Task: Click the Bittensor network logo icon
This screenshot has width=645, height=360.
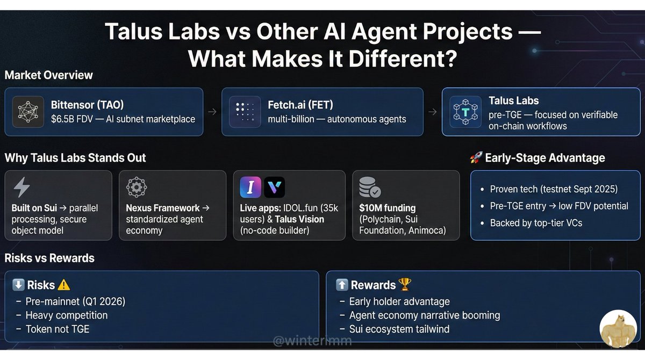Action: pos(28,112)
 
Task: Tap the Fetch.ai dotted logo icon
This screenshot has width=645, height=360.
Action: pos(245,112)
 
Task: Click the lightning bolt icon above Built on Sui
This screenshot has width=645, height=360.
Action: pos(21,188)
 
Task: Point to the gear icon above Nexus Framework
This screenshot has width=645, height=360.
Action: pos(136,188)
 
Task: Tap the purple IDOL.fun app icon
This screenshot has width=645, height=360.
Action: pos(251,188)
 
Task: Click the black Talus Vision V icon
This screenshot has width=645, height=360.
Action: pos(275,188)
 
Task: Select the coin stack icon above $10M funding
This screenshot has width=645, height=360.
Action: pos(369,188)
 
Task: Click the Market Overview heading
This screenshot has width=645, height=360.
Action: pos(49,75)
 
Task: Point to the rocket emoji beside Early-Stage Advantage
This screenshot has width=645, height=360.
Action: pos(476,158)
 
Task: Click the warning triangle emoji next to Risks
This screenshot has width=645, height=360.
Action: pos(64,285)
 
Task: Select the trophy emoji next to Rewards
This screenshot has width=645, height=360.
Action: pos(404,285)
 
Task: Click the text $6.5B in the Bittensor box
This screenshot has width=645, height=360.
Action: pos(64,119)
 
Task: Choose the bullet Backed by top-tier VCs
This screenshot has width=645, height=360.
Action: pos(536,222)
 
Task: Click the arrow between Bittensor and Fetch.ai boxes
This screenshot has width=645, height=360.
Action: pos(213,112)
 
